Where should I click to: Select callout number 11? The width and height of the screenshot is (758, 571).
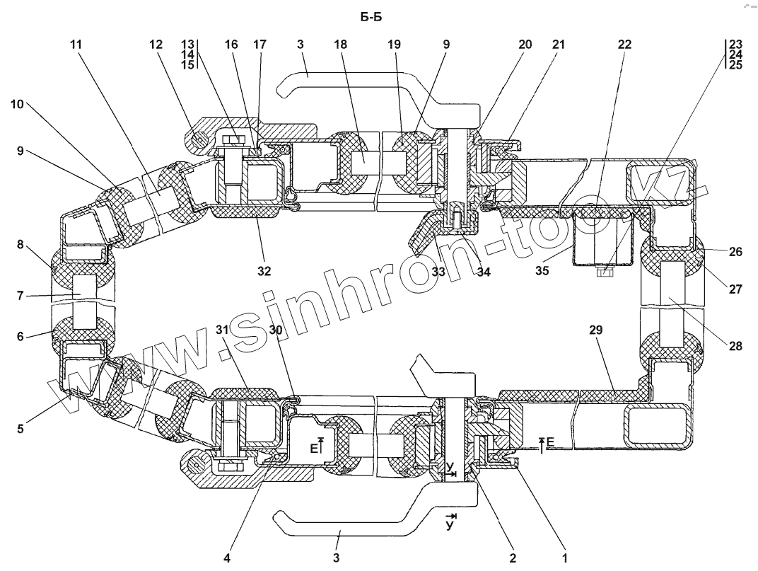click(75, 45)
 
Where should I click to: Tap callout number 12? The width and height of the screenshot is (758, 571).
click(156, 45)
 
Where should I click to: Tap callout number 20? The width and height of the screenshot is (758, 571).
click(524, 45)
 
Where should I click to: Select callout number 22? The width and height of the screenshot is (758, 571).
click(624, 45)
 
